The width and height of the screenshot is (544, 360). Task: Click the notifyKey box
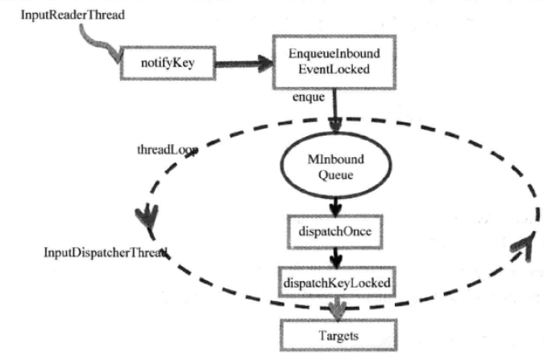point(168,62)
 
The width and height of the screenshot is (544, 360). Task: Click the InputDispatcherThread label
point(105,253)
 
